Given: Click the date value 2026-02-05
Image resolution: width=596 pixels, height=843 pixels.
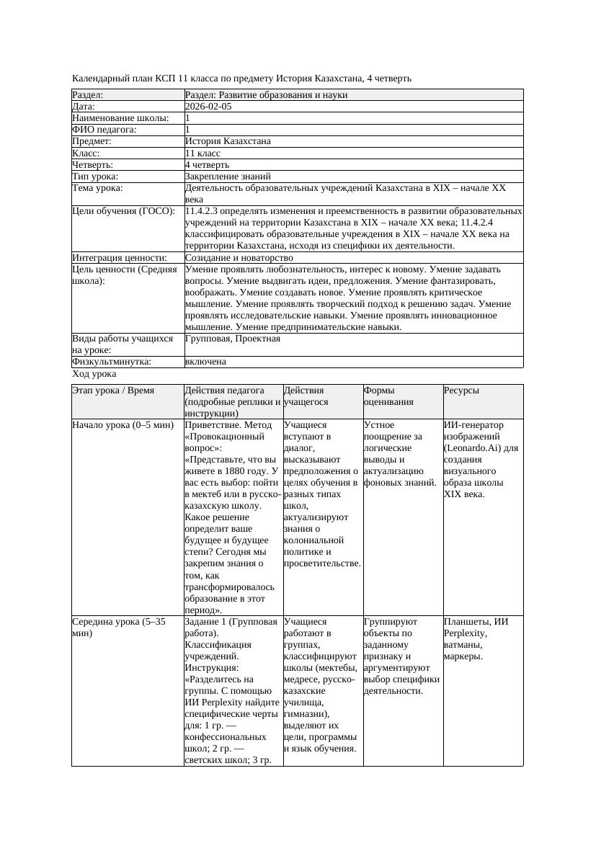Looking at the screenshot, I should (x=208, y=107).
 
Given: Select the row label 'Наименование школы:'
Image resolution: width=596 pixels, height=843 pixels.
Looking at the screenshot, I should (x=121, y=118).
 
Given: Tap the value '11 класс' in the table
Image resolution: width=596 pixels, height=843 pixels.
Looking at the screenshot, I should (x=203, y=153).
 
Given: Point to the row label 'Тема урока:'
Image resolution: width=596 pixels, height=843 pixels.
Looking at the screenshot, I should (x=97, y=188).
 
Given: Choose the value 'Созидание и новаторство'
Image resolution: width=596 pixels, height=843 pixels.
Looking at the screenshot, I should (x=239, y=258).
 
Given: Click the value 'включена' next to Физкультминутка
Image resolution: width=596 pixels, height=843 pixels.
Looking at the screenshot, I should (x=205, y=362).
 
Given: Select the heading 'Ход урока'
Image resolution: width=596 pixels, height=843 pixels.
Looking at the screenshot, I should (x=94, y=375).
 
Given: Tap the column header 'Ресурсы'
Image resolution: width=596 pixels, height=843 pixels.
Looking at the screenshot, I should (x=461, y=391).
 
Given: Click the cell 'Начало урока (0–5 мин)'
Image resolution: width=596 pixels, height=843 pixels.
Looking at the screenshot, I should (x=123, y=425).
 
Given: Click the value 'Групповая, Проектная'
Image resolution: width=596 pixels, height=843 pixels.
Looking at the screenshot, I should (x=232, y=339).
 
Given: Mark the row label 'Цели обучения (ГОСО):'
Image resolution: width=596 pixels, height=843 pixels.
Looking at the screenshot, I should (x=124, y=212).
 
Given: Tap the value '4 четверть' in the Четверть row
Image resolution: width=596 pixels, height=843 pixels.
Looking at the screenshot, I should (x=208, y=165).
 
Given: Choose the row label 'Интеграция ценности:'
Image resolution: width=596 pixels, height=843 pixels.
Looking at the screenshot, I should (x=120, y=258).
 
